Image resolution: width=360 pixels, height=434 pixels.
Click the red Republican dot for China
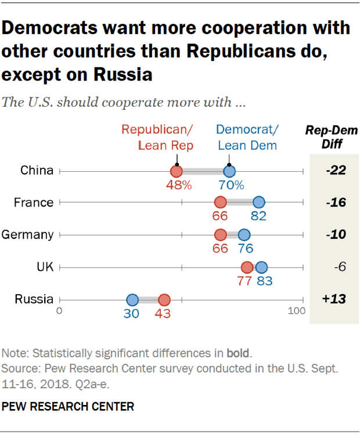[x=176, y=171]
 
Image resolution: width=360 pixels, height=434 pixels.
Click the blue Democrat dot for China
[x=229, y=171]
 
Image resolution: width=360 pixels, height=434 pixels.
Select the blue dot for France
[x=258, y=202]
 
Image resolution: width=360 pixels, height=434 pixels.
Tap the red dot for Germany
[x=220, y=235]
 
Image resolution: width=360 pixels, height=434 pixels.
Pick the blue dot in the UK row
[x=261, y=267]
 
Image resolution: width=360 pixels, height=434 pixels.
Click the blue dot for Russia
[x=132, y=300]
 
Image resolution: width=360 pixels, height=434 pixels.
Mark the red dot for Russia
[x=164, y=300]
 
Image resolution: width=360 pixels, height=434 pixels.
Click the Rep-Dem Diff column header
[x=332, y=137]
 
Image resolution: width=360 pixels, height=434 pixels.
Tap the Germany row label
[x=27, y=235]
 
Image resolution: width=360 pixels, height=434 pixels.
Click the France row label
[x=34, y=202]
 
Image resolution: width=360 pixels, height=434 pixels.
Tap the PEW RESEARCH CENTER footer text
[x=68, y=406]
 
